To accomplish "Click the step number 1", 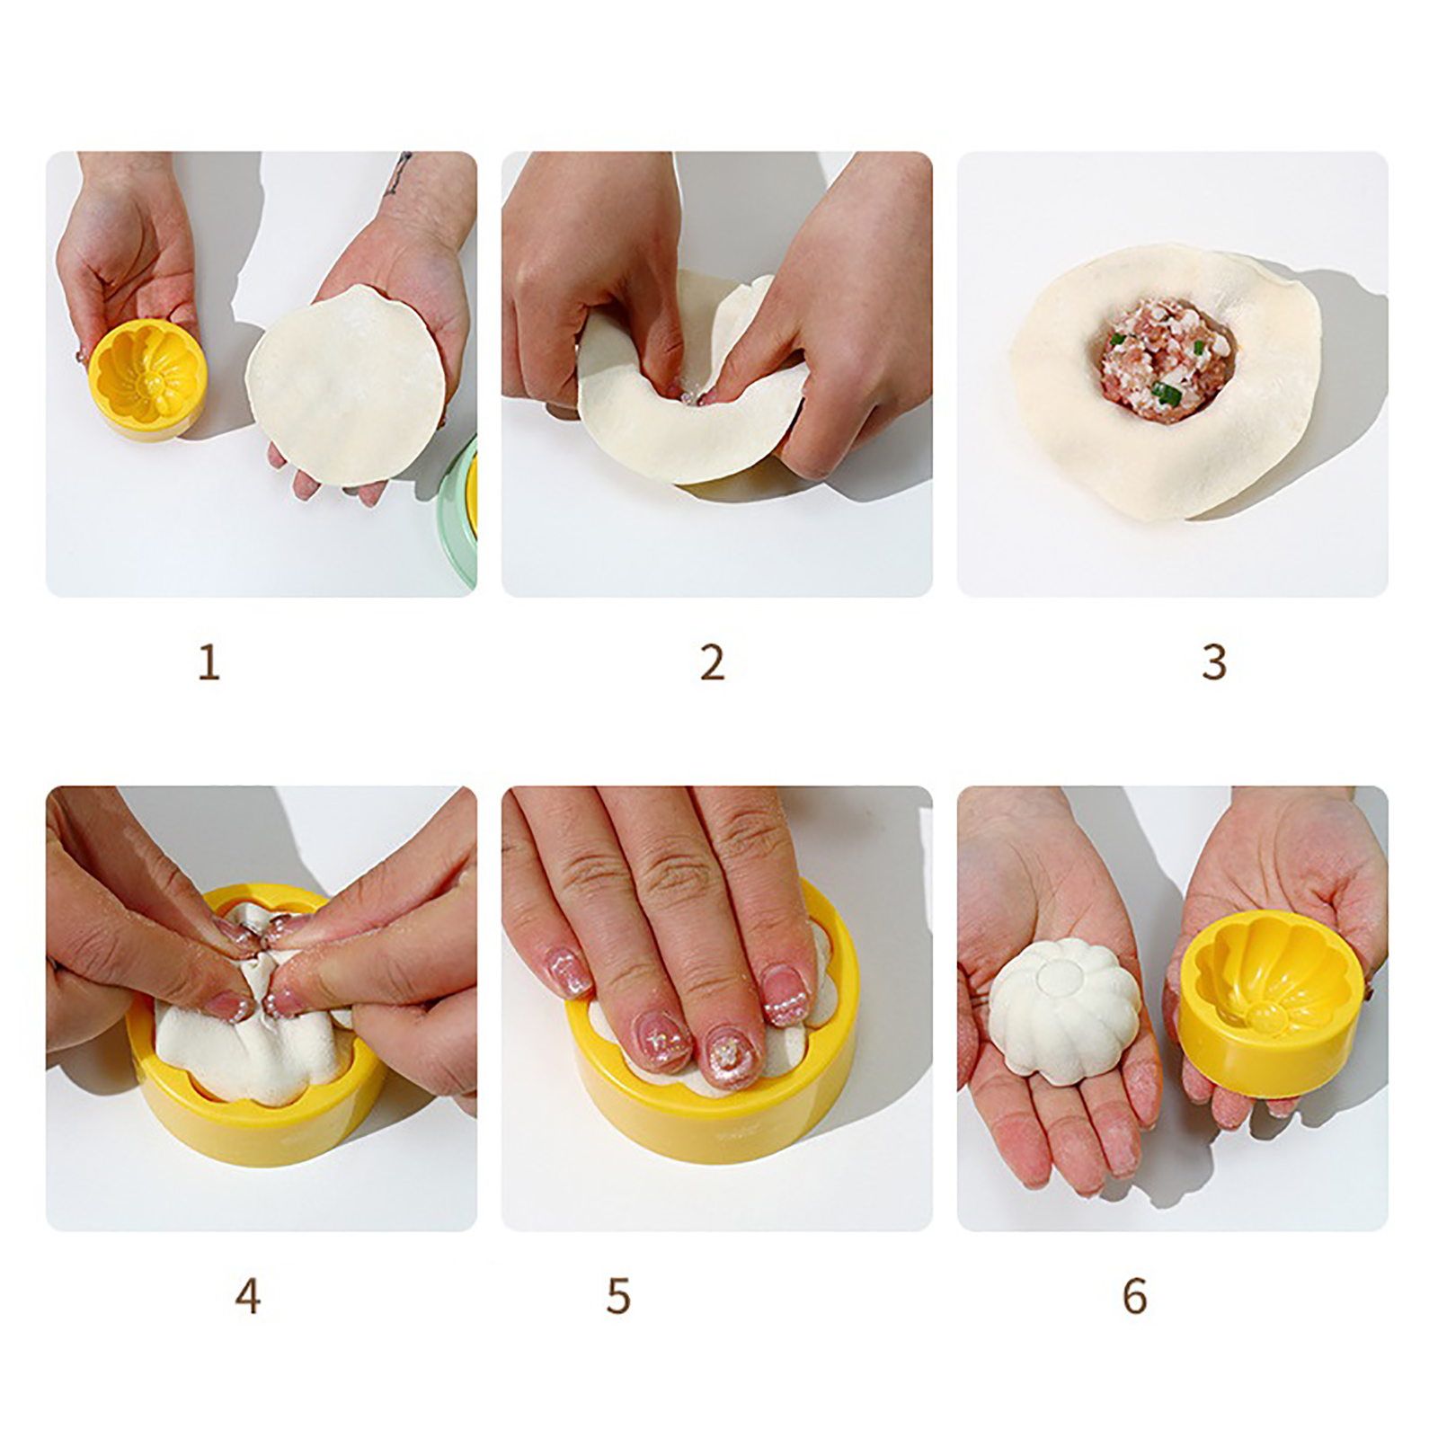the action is pos(209,663).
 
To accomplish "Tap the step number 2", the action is pos(712,663).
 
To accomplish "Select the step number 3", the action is pos(1214,663).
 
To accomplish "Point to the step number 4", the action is pos(248,1296).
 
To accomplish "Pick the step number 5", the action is pos(618,1296).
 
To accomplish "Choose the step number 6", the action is pos(1135,1296).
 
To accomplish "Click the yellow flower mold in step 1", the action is pos(146,378).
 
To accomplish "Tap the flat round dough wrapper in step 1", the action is pos(347,385).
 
